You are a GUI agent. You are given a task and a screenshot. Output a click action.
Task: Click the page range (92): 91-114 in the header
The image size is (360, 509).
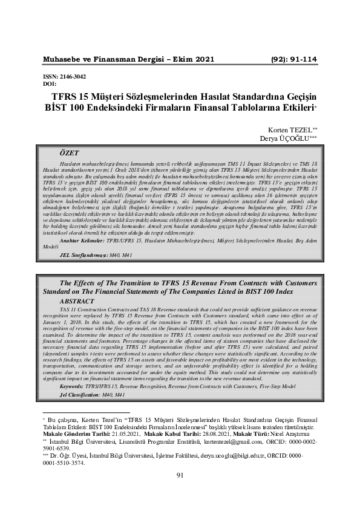pyautogui.click(x=292, y=59)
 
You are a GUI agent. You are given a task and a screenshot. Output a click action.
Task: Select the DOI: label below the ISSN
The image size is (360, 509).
pyautogui.click(x=50, y=84)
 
